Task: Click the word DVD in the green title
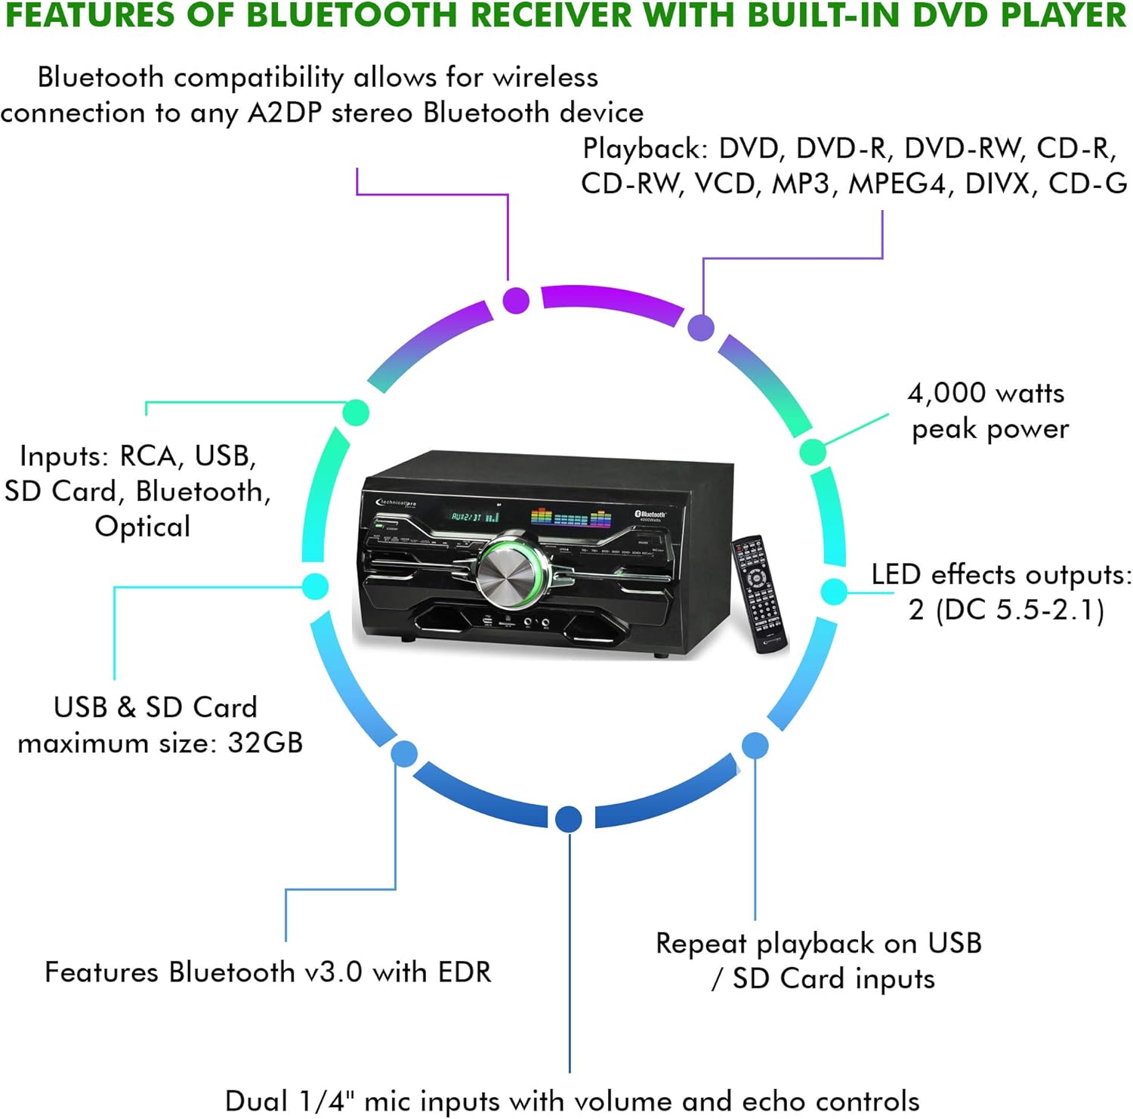click(x=952, y=15)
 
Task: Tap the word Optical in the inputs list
click(x=142, y=527)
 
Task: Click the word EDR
click(x=461, y=972)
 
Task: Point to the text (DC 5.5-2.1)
click(x=1020, y=610)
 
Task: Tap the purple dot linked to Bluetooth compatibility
click(x=516, y=300)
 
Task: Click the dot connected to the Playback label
click(x=701, y=328)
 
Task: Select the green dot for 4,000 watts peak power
click(x=812, y=452)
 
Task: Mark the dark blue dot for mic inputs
click(x=568, y=818)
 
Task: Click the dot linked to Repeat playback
click(x=755, y=746)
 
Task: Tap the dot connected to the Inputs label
click(x=356, y=413)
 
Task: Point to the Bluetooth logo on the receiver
click(x=649, y=515)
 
